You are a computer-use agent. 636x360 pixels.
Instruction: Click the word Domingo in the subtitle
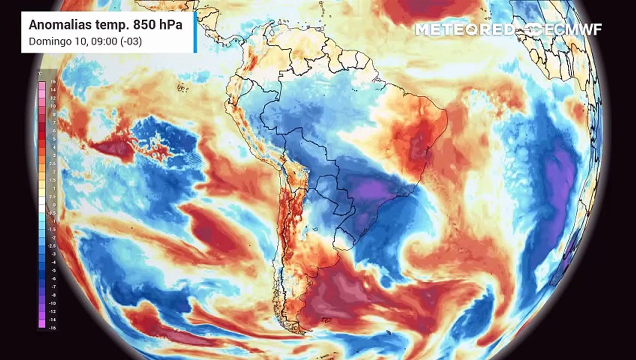coord(46,41)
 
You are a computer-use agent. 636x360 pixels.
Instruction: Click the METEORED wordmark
coord(463,29)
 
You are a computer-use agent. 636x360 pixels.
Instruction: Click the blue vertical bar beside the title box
coord(195,32)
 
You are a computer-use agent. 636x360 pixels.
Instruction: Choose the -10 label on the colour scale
coord(52,303)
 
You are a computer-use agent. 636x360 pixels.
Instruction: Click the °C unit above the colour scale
coord(40,74)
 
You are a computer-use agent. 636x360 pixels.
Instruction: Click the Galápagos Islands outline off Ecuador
coord(182,88)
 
